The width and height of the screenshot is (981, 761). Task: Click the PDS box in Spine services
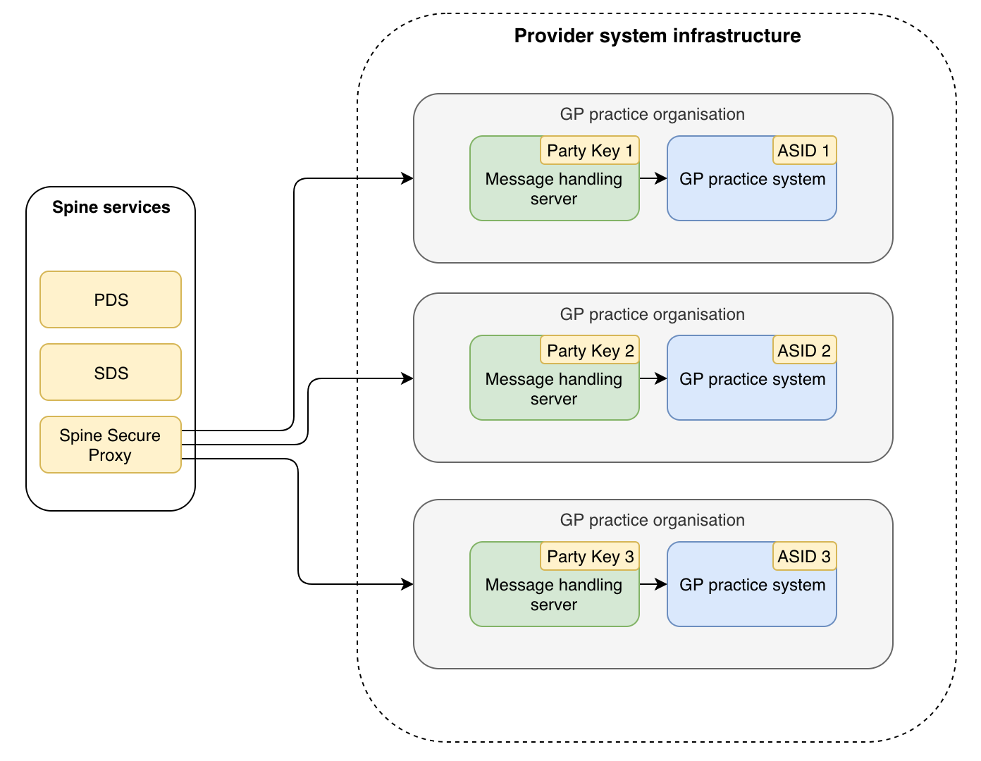tap(111, 299)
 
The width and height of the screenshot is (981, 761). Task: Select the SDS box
tap(111, 373)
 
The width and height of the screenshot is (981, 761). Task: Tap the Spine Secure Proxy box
tap(111, 445)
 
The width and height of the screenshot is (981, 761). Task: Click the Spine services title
tap(111, 207)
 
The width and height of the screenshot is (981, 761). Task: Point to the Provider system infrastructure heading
tap(657, 36)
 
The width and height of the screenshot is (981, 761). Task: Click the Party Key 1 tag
tap(590, 151)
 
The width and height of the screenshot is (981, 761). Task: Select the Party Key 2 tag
tap(590, 350)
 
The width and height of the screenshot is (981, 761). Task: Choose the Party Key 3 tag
tap(590, 557)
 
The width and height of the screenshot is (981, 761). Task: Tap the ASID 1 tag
tap(804, 151)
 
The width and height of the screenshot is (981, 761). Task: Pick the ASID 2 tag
tap(804, 350)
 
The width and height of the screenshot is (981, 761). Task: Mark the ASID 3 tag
tap(804, 557)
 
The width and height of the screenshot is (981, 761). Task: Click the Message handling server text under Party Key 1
tap(553, 189)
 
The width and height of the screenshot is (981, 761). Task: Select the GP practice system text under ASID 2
tap(752, 379)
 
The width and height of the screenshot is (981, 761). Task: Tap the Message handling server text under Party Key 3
tap(553, 595)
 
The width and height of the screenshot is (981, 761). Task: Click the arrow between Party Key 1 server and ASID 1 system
tap(653, 178)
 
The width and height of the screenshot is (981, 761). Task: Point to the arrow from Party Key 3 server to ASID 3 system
tap(653, 584)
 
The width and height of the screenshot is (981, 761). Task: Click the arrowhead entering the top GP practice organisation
tap(407, 178)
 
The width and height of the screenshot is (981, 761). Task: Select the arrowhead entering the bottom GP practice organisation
tap(407, 584)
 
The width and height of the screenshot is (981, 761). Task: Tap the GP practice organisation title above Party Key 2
tap(652, 314)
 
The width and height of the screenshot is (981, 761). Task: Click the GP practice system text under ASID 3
tap(752, 585)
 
